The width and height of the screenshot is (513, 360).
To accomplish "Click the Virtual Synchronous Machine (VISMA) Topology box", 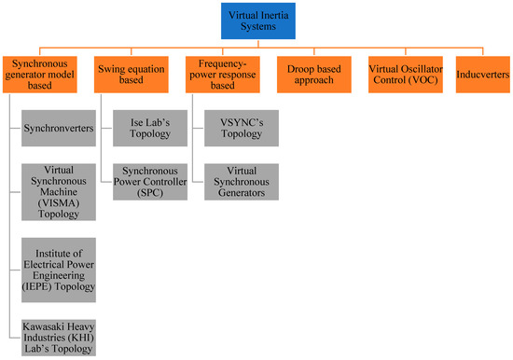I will click(x=58, y=190).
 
